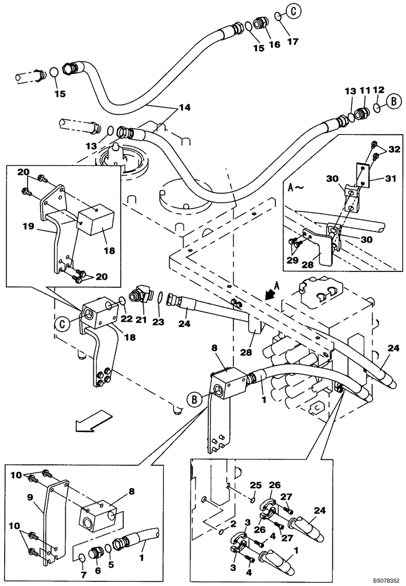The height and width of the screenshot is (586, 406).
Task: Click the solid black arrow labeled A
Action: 272,294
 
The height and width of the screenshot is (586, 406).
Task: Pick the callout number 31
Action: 391,178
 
